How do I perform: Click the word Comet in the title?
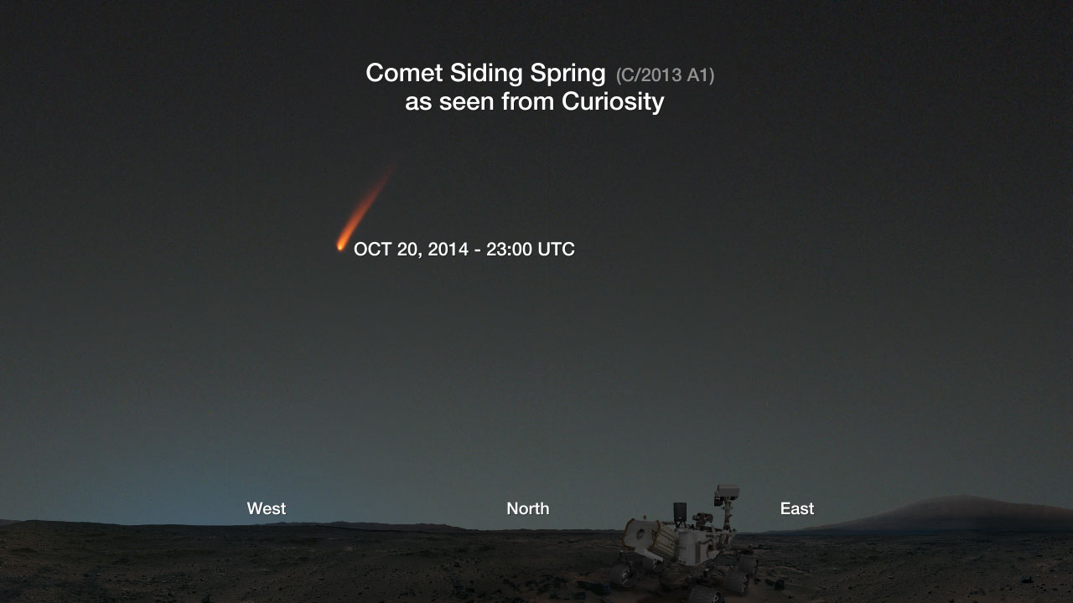pyautogui.click(x=404, y=73)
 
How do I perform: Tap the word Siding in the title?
pyautogui.click(x=485, y=75)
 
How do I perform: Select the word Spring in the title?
pyautogui.click(x=568, y=75)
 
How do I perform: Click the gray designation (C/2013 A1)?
pyautogui.click(x=665, y=75)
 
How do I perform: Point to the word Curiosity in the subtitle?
pyautogui.click(x=613, y=101)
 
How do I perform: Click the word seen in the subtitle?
pyautogui.click(x=467, y=102)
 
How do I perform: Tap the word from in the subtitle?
pyautogui.click(x=527, y=101)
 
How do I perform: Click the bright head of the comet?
pyautogui.click(x=340, y=246)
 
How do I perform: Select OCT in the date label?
pyautogui.click(x=372, y=250)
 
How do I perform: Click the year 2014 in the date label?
pyautogui.click(x=448, y=250)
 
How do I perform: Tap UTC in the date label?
pyautogui.click(x=556, y=250)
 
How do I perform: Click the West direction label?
pyautogui.click(x=267, y=508)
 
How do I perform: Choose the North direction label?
pyautogui.click(x=528, y=508)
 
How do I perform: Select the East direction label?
pyautogui.click(x=797, y=508)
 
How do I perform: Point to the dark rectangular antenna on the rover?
pyautogui.click(x=680, y=513)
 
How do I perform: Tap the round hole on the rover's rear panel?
pyautogui.click(x=640, y=533)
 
